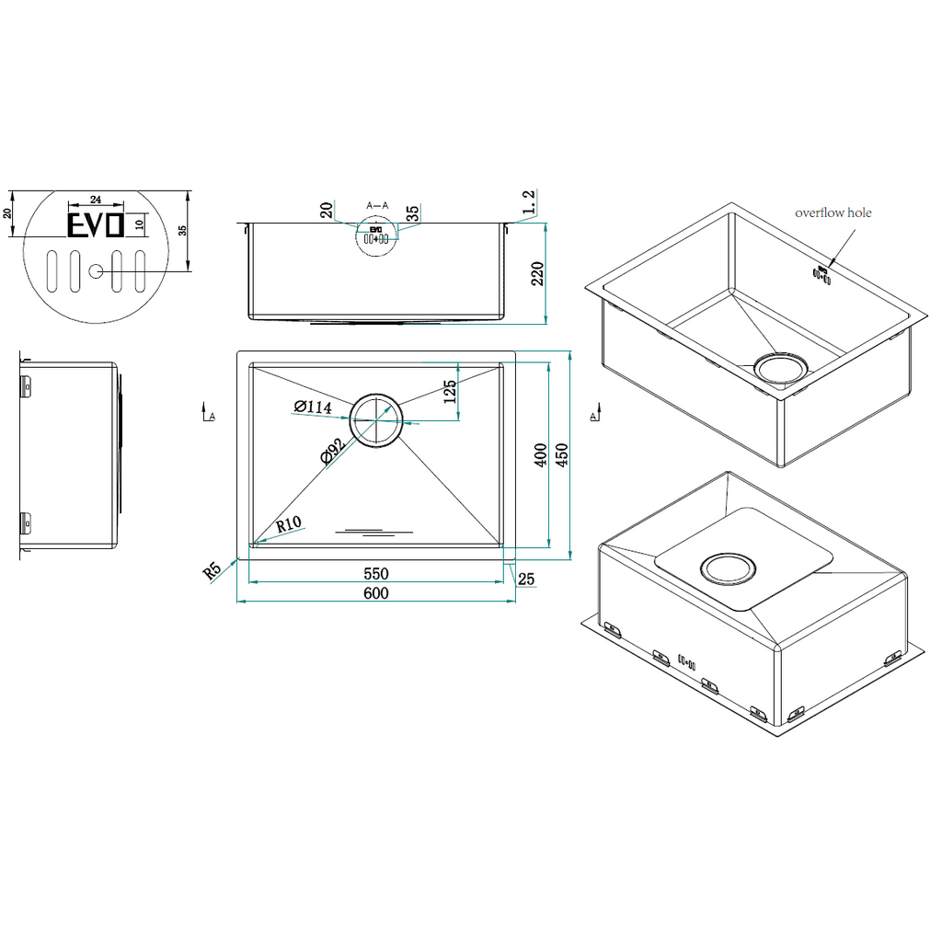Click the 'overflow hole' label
(x=833, y=212)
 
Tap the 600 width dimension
(x=376, y=593)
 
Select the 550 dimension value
(x=376, y=573)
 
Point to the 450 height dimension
(x=561, y=455)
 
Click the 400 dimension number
(x=540, y=455)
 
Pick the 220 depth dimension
(x=537, y=274)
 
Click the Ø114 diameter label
(x=313, y=407)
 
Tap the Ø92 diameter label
(x=333, y=452)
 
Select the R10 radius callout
(x=288, y=524)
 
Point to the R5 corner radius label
(x=213, y=570)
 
